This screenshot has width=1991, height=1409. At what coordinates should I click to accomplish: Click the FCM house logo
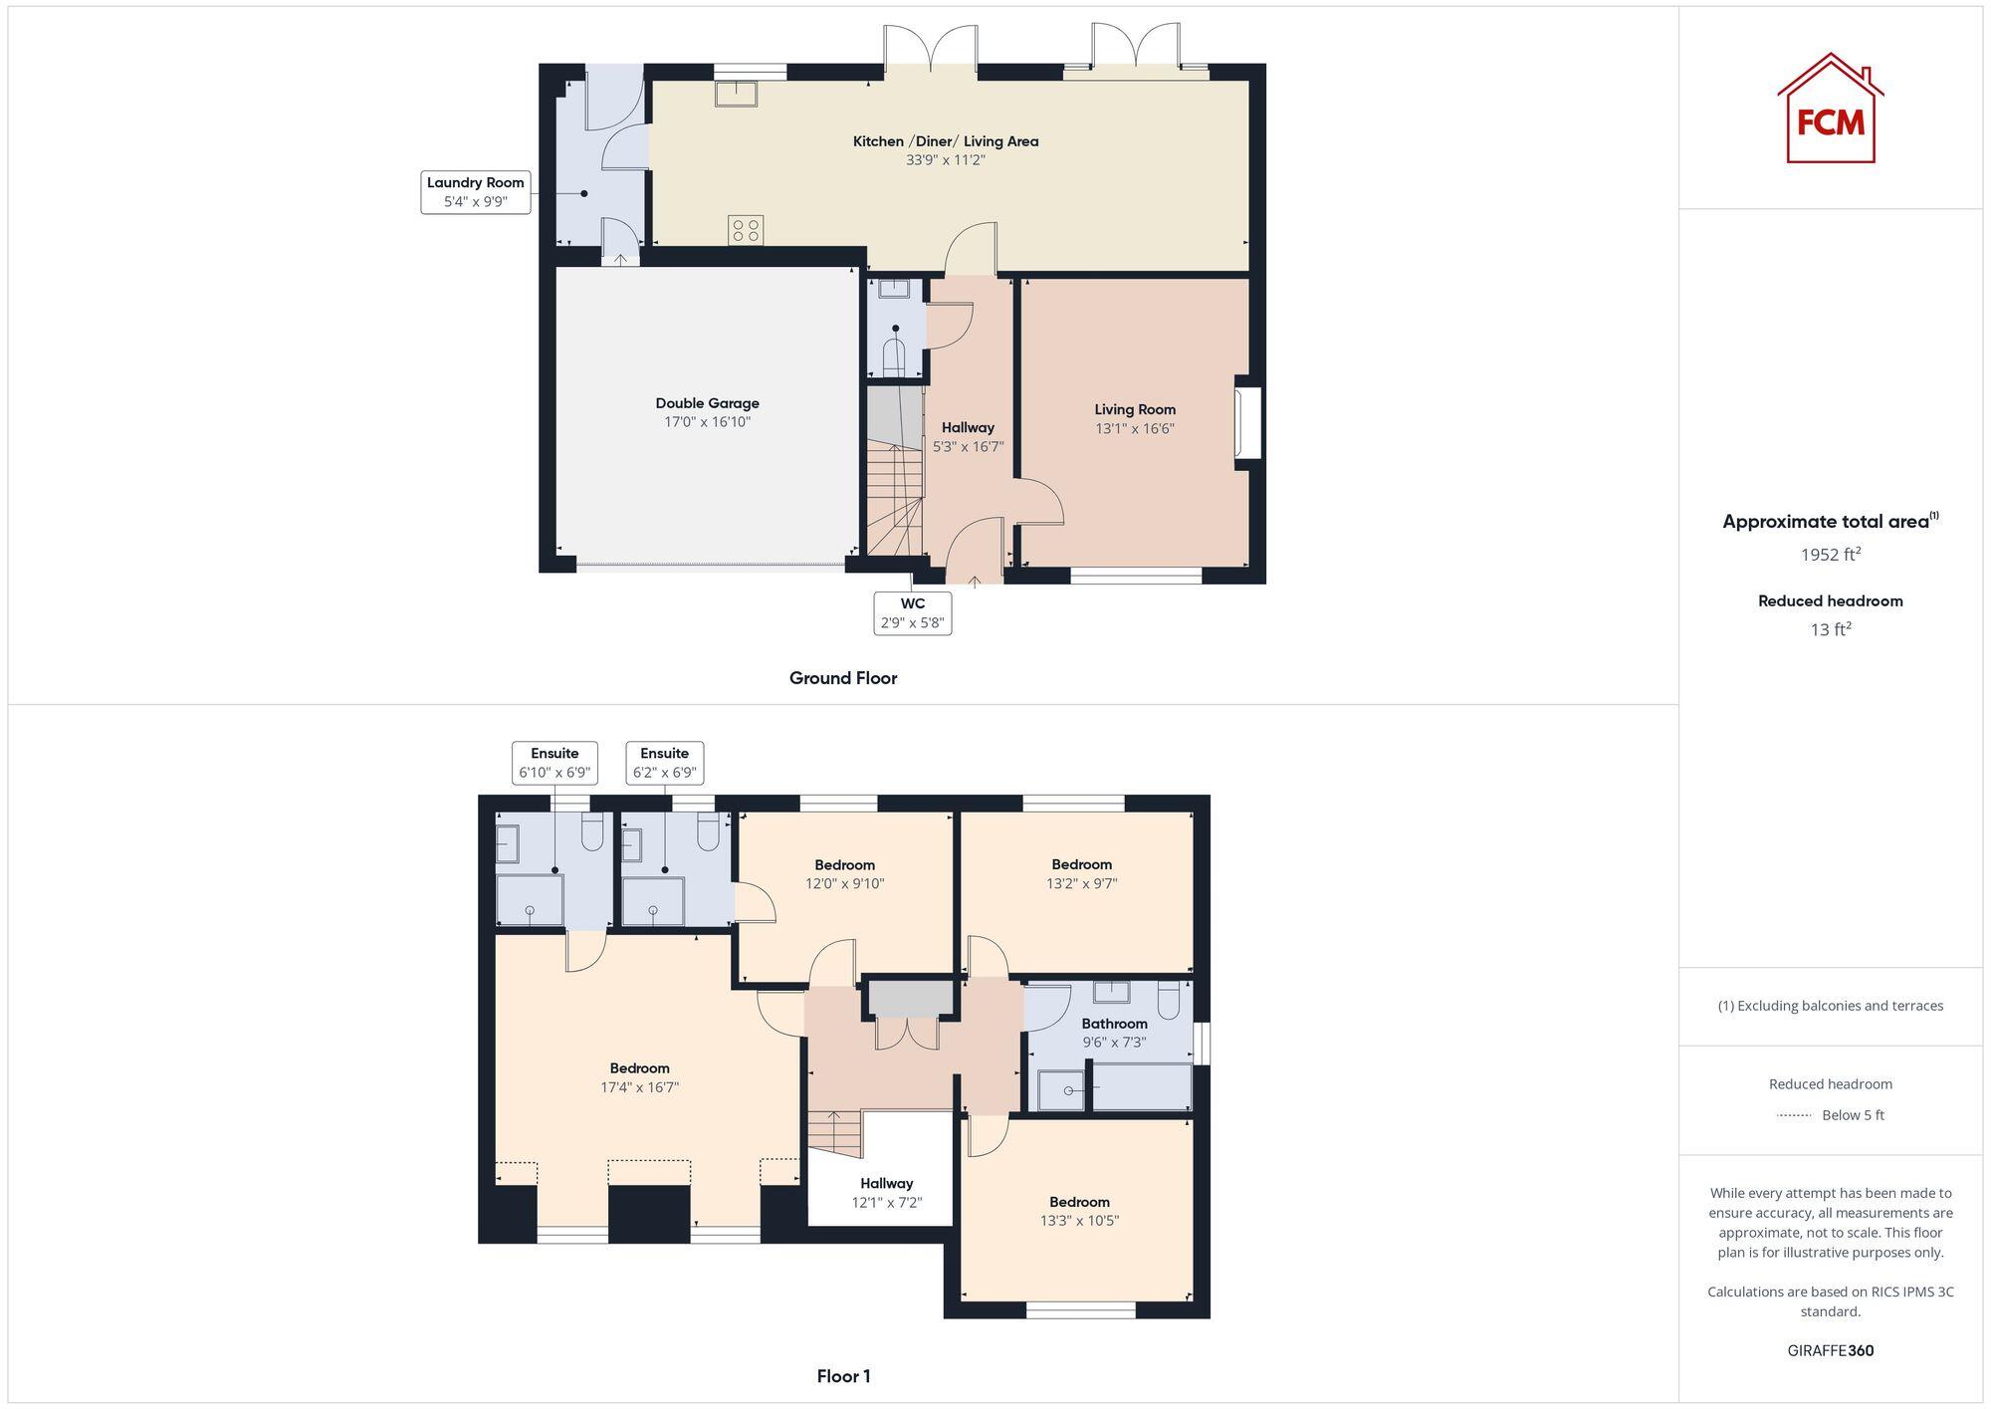click(x=1830, y=110)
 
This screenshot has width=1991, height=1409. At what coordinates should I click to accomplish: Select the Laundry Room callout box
click(x=475, y=192)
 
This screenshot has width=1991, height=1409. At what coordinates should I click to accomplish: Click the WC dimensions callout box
click(x=912, y=613)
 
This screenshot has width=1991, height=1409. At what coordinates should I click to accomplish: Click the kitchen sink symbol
click(x=736, y=94)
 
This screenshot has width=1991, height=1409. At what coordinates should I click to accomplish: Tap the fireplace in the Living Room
click(x=1248, y=422)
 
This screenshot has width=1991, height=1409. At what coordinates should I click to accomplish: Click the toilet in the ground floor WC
click(x=894, y=358)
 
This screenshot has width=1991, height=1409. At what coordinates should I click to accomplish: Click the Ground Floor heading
click(x=842, y=678)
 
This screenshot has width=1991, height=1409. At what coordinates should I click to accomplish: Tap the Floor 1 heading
click(x=843, y=1376)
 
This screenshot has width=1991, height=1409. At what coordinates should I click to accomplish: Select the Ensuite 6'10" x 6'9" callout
click(x=554, y=763)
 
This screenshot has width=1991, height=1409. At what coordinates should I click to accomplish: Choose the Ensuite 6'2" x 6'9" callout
click(x=664, y=763)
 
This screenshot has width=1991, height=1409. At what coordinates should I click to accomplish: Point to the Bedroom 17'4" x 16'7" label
click(x=639, y=1077)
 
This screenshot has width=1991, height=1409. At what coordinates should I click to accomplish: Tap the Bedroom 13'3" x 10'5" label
click(x=1079, y=1211)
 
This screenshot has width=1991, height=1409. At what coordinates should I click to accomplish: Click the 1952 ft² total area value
click(x=1830, y=555)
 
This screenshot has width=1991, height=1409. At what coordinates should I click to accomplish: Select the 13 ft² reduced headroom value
click(x=1830, y=629)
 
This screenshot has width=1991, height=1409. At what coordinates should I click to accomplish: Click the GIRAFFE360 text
click(x=1830, y=1350)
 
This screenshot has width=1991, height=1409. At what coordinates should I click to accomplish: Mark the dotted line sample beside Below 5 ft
click(x=1794, y=1115)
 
